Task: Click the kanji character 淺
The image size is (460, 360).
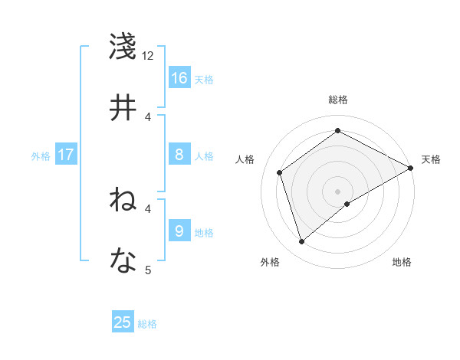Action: [x=124, y=47]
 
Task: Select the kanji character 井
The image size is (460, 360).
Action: [x=124, y=108]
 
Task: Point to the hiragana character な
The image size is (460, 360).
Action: [x=124, y=261]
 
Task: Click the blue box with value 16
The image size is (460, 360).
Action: [x=179, y=78]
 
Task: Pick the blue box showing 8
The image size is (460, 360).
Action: [x=179, y=155]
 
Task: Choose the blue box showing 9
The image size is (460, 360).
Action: [x=179, y=231]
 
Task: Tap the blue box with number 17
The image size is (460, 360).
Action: [x=66, y=155]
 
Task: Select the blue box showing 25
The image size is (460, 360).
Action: [x=123, y=322]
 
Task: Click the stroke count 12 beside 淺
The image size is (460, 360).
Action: [x=148, y=55]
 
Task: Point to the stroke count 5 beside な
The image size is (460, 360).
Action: [x=148, y=269]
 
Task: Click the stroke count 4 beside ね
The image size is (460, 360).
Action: [x=148, y=208]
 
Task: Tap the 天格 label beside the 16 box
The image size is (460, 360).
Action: [x=204, y=80]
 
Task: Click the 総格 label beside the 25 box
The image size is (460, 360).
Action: [x=147, y=324]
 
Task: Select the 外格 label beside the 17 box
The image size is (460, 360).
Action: [x=41, y=156]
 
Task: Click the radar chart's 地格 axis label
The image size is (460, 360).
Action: [x=402, y=262]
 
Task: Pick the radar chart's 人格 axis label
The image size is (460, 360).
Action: [x=245, y=159]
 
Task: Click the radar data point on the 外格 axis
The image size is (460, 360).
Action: [x=301, y=242]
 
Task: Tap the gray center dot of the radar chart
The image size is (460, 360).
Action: [x=337, y=191]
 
